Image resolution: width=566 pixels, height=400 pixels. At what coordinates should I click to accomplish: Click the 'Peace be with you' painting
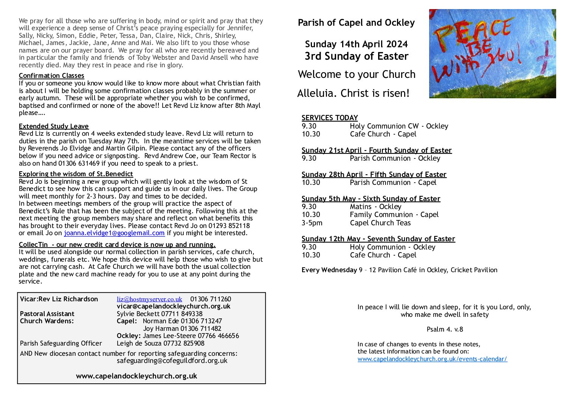tap(492, 54)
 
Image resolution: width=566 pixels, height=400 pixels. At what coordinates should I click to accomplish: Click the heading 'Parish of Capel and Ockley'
tap(356, 23)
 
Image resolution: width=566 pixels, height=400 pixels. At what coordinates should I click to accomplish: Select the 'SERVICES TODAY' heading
tap(329, 118)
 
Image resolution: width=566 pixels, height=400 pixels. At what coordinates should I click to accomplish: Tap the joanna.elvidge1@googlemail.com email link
tap(114, 233)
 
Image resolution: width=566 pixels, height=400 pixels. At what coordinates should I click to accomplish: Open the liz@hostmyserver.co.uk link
tap(149, 299)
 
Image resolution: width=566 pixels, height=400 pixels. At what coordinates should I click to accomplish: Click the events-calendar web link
tap(432, 359)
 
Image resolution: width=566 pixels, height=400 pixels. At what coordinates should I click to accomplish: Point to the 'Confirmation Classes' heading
tap(51, 76)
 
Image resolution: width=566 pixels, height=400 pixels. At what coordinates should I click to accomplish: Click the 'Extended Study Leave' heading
tap(54, 126)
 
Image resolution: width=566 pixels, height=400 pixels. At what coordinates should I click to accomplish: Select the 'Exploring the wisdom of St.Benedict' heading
tap(76, 174)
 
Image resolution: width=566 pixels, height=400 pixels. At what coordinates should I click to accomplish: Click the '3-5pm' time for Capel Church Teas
tap(312, 223)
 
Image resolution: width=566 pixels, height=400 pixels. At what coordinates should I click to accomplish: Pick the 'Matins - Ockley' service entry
tap(375, 206)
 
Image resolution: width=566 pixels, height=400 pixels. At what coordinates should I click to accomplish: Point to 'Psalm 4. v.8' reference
tap(445, 329)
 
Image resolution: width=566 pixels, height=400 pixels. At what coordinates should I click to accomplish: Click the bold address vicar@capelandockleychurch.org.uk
tap(174, 306)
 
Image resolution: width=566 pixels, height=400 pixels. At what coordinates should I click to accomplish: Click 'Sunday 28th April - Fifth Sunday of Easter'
tap(374, 174)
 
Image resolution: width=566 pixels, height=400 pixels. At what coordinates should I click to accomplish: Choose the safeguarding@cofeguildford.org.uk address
tap(172, 361)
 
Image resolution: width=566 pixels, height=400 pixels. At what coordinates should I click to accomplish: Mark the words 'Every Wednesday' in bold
tap(329, 270)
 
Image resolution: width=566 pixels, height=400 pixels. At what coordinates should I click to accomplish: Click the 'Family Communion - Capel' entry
tap(394, 214)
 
